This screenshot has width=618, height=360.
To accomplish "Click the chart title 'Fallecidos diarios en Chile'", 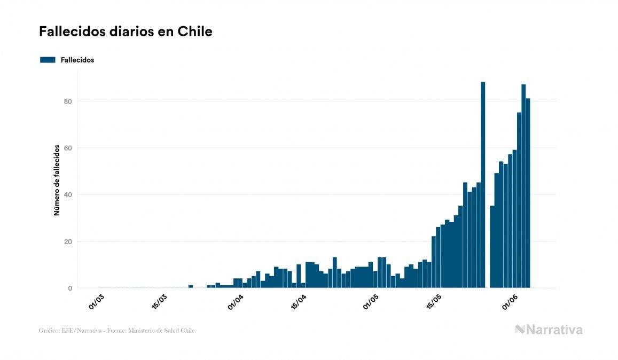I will tap(126, 32).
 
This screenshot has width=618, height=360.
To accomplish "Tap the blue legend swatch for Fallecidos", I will tap(48, 60).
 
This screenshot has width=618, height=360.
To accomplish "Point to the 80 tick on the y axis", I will tap(68, 101).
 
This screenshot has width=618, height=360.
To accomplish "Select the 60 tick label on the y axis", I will tap(68, 148).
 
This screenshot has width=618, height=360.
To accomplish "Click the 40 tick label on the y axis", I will tap(68, 194).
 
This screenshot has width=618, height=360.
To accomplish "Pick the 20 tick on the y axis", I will tap(68, 241).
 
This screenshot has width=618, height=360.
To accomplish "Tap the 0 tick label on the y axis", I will tap(70, 288).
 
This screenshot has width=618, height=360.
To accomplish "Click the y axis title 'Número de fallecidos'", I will tap(57, 180).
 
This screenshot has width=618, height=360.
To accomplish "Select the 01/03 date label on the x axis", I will tap(97, 302).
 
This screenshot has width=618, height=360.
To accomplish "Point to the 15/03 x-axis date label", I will tap(160, 302).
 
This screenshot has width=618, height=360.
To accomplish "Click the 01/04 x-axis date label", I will tap(236, 302).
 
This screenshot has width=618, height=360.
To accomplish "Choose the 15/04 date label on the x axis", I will tap(299, 302).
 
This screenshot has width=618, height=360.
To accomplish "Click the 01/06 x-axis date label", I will tap(510, 302).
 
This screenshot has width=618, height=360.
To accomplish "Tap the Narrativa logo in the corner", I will tap(549, 330).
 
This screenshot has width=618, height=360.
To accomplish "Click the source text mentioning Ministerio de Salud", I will tap(116, 331).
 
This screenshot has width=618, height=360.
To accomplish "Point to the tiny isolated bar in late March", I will tap(191, 287).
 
